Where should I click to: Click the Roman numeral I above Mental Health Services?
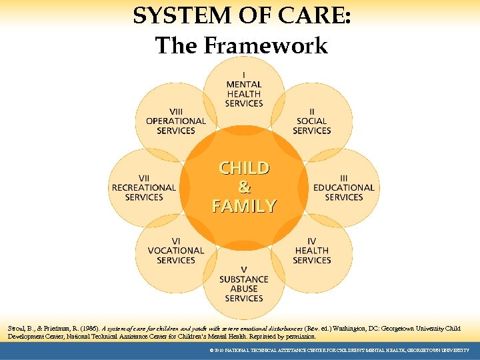pyautogui.click(x=244, y=75)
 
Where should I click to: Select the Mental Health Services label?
pyautogui.click(x=244, y=94)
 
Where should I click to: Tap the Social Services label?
pyautogui.click(x=311, y=126)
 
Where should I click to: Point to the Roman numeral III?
pyautogui.click(x=344, y=178)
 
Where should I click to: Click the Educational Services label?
pyautogui.click(x=344, y=193)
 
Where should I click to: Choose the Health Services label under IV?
pyautogui.click(x=311, y=255)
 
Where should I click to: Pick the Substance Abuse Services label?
pyautogui.click(x=244, y=289)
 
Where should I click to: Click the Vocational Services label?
pyautogui.click(x=176, y=255)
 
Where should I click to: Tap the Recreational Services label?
pyautogui.click(x=144, y=193)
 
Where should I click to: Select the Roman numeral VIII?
pyautogui.click(x=176, y=111)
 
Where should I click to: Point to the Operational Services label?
pyautogui.click(x=176, y=126)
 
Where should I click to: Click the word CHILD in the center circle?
pyautogui.click(x=244, y=167)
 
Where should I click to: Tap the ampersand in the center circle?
pyautogui.click(x=244, y=187)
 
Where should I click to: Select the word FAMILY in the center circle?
pyautogui.click(x=244, y=206)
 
